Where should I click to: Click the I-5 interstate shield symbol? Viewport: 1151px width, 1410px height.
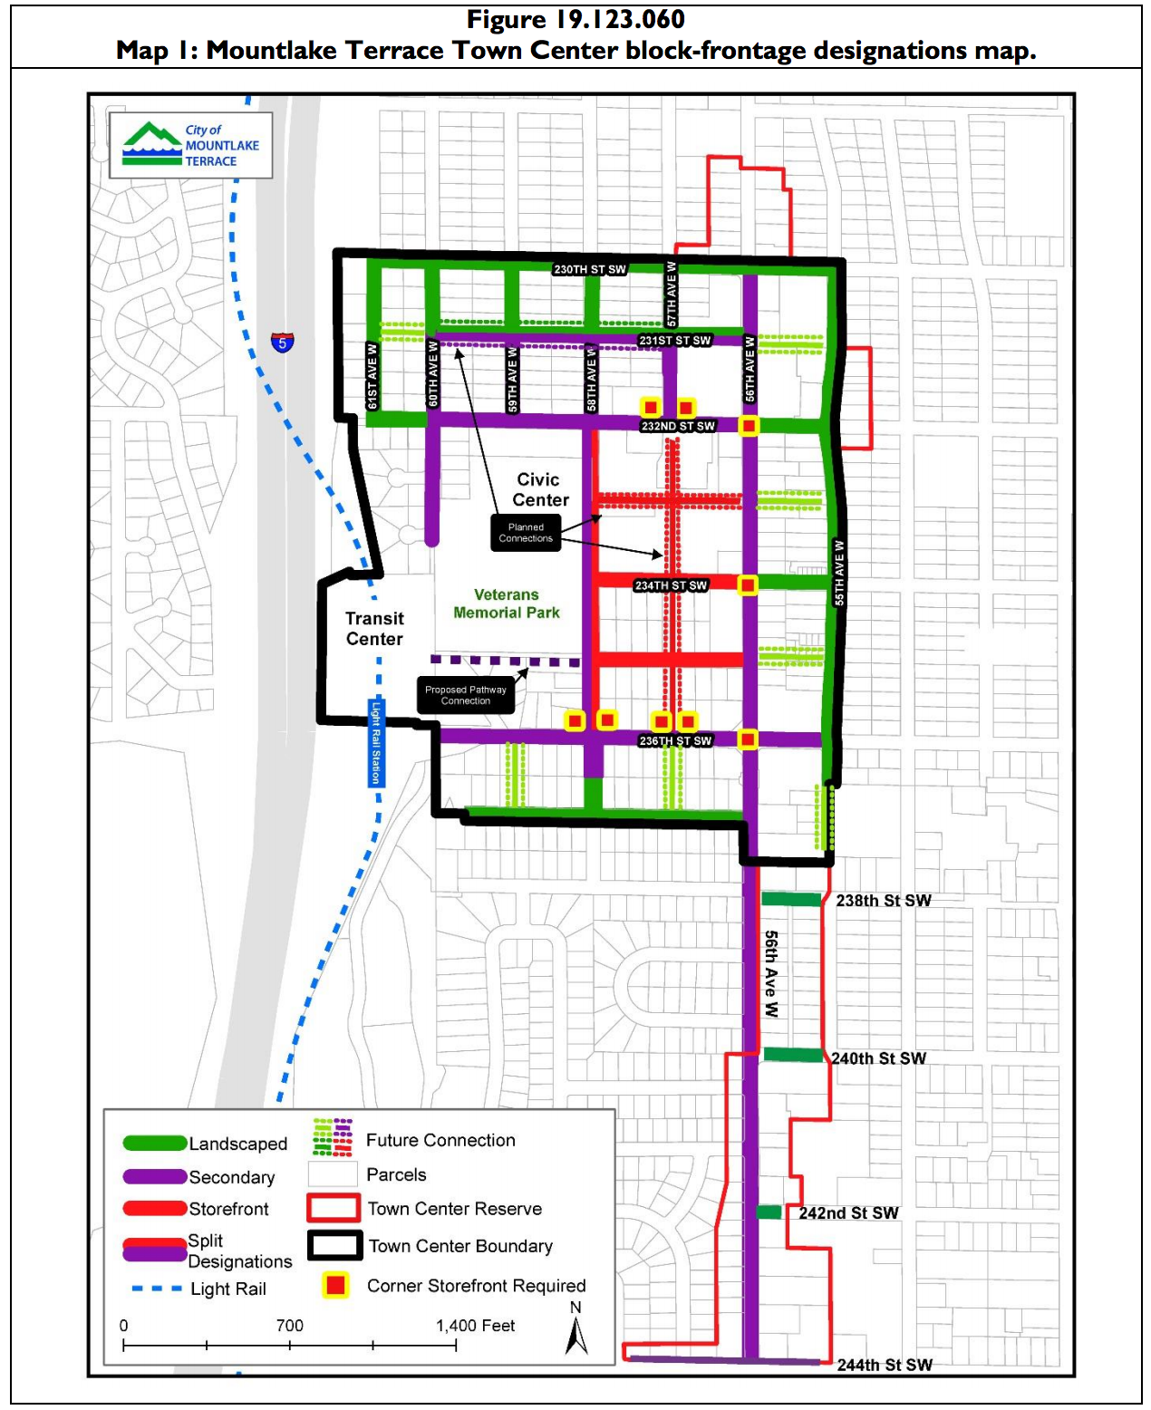point(283,343)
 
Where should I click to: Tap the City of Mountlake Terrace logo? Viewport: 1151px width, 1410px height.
point(191,145)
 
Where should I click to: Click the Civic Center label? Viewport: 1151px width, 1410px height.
point(540,489)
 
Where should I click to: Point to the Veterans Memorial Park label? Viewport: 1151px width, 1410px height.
point(506,604)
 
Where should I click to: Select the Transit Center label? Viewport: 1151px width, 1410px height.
point(374,628)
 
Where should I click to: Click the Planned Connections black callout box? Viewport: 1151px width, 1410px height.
point(526,533)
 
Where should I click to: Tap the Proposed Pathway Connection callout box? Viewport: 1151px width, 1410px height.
point(466,695)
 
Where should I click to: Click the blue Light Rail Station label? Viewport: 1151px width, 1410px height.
point(376,742)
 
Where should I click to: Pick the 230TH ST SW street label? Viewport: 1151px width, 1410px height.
point(590,269)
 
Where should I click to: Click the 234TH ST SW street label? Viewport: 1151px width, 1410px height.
point(671,585)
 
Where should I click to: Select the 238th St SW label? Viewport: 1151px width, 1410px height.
point(883,901)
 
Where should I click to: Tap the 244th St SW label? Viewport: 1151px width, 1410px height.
point(884,1365)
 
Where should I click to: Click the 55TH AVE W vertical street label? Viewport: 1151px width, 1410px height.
point(838,573)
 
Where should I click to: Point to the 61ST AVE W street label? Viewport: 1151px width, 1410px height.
point(372,376)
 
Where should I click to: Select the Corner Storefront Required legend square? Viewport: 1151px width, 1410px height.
point(335,1285)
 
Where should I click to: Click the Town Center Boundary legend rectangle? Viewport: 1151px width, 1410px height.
point(334,1245)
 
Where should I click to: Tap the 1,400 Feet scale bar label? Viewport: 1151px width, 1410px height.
point(475,1325)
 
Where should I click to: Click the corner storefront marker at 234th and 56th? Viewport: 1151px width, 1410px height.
point(748,585)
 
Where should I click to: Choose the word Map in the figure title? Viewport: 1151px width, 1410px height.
point(141,50)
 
